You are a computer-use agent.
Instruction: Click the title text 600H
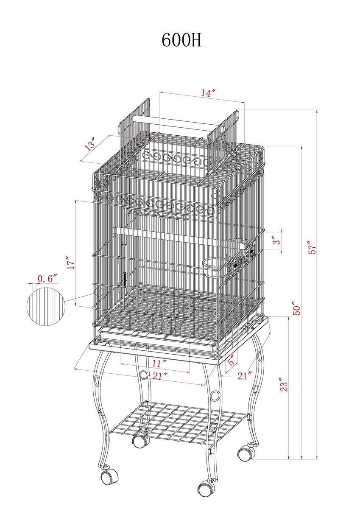pyautogui.click(x=181, y=40)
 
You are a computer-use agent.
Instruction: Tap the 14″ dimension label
pyautogui.click(x=208, y=93)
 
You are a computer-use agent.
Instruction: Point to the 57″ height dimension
pyautogui.click(x=313, y=247)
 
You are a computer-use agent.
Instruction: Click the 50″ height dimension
pyautogui.click(x=297, y=308)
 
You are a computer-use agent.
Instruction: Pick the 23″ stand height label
pyautogui.click(x=284, y=385)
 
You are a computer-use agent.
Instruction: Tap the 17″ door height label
pyautogui.click(x=71, y=263)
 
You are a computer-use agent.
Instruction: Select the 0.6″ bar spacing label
pyautogui.click(x=47, y=278)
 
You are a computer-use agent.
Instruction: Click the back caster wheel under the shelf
pyautogui.click(x=141, y=440)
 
